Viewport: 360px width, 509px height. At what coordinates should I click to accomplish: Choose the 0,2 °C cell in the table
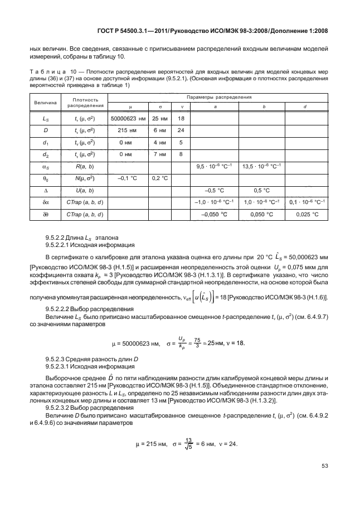[160, 178]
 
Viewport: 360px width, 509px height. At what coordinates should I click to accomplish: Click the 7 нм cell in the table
[160, 154]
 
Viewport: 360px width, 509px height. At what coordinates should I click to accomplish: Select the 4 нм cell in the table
[160, 142]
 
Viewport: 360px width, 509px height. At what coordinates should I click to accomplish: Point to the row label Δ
[30, 190]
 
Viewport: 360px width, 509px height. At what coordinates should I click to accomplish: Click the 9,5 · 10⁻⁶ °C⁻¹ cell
[214, 166]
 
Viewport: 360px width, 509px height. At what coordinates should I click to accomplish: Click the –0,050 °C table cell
[214, 214]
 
